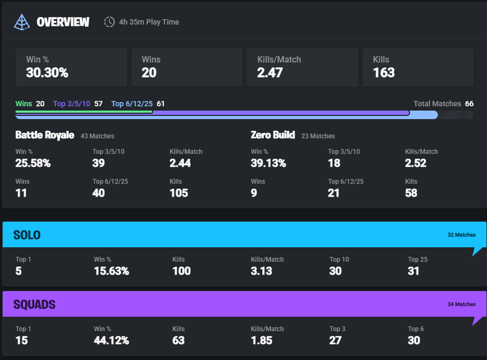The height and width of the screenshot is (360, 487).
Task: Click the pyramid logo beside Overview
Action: click(x=22, y=21)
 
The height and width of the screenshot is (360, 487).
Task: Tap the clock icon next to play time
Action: click(x=109, y=22)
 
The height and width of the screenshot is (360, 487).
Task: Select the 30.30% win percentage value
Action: click(x=47, y=73)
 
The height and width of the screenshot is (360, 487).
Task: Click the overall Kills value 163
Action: click(x=383, y=73)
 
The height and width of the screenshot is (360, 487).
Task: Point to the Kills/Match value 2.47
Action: click(x=270, y=73)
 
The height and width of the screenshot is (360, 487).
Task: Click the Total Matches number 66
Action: click(x=469, y=104)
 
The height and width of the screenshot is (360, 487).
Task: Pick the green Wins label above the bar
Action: click(x=23, y=104)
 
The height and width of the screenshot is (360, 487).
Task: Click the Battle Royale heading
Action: click(x=44, y=135)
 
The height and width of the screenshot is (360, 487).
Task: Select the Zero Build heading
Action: click(x=272, y=135)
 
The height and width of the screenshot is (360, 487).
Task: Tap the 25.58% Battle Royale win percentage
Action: click(x=33, y=163)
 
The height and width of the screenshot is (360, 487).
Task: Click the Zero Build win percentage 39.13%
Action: click(x=268, y=163)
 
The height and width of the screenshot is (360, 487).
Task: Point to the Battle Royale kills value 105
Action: click(x=179, y=193)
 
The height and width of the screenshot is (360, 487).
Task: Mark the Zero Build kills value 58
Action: click(x=411, y=193)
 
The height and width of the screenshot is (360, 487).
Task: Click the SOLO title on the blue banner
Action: click(x=27, y=235)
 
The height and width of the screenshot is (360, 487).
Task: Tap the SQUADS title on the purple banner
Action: click(x=34, y=304)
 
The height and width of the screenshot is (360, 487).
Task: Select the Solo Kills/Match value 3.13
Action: click(x=261, y=271)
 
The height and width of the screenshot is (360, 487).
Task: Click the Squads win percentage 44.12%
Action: click(x=111, y=341)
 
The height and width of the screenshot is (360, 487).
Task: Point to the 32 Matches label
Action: click(x=461, y=235)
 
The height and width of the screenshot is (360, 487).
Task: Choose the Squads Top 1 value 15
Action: click(x=21, y=341)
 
